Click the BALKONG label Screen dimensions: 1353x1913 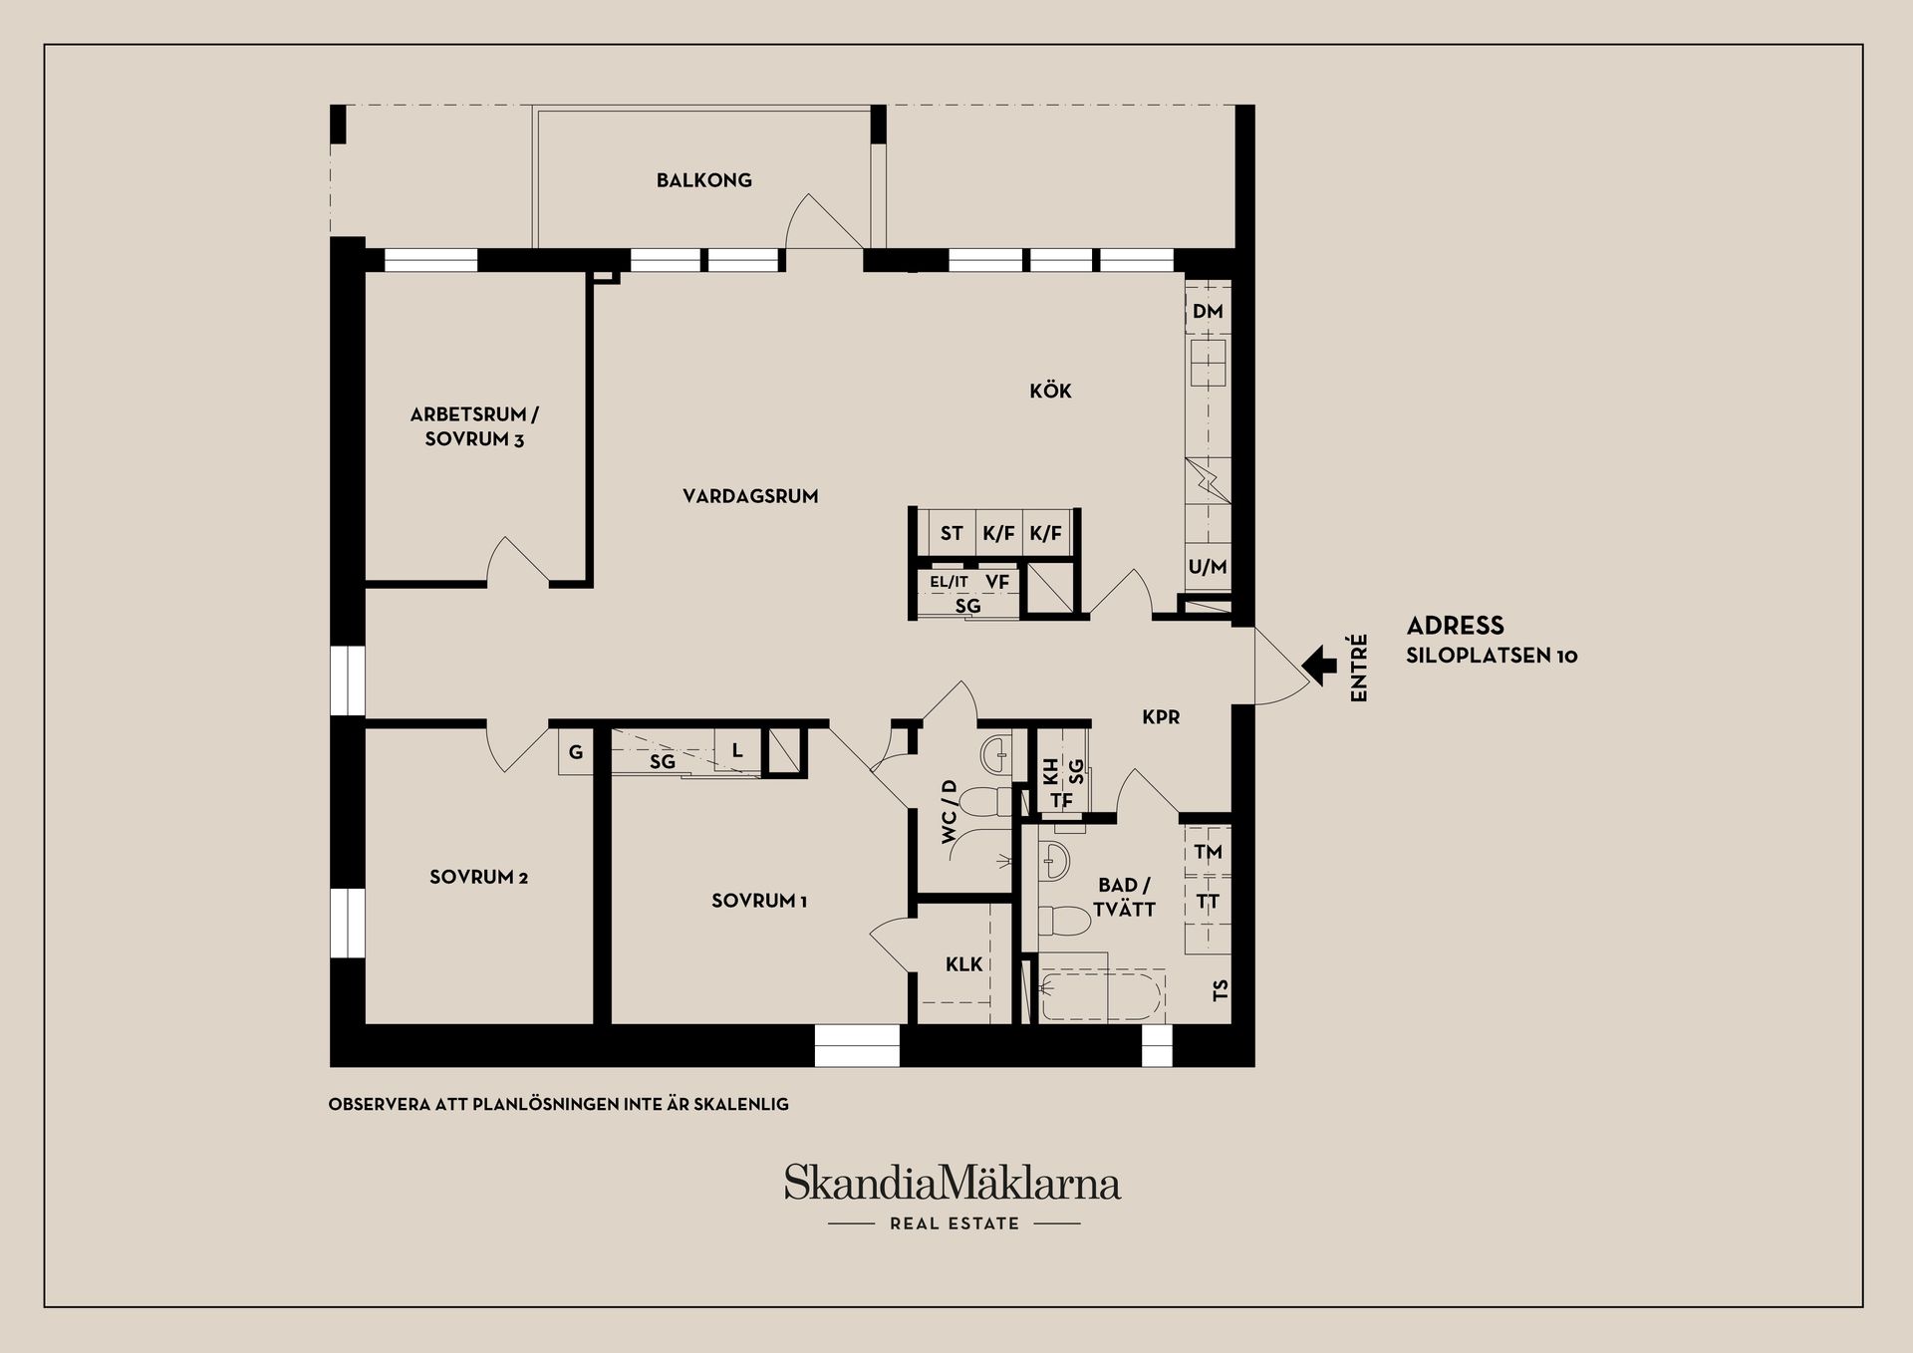[703, 180]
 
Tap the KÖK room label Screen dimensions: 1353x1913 [1050, 391]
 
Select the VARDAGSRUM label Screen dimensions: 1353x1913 [750, 495]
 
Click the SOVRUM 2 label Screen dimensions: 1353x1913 [478, 877]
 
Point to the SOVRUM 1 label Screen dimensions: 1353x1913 [759, 901]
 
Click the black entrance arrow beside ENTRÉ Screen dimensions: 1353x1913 [1320, 665]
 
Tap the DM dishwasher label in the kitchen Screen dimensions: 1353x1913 [1208, 311]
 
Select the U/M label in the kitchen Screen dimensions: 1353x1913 [1208, 567]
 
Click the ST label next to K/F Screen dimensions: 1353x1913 [952, 533]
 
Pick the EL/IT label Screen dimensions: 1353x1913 [949, 582]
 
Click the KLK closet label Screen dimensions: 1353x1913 [963, 963]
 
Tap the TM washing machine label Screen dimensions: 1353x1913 [1208, 852]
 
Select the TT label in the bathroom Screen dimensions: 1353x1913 [1208, 902]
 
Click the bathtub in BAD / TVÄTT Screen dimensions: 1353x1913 [1101, 996]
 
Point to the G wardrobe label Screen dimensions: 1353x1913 [576, 752]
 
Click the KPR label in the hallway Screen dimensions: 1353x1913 [1161, 716]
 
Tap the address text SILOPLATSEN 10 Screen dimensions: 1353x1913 [1492, 656]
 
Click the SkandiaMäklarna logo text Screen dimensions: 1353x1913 [952, 1184]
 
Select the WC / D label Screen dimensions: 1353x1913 [949, 812]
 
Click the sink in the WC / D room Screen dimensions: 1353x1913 [994, 755]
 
